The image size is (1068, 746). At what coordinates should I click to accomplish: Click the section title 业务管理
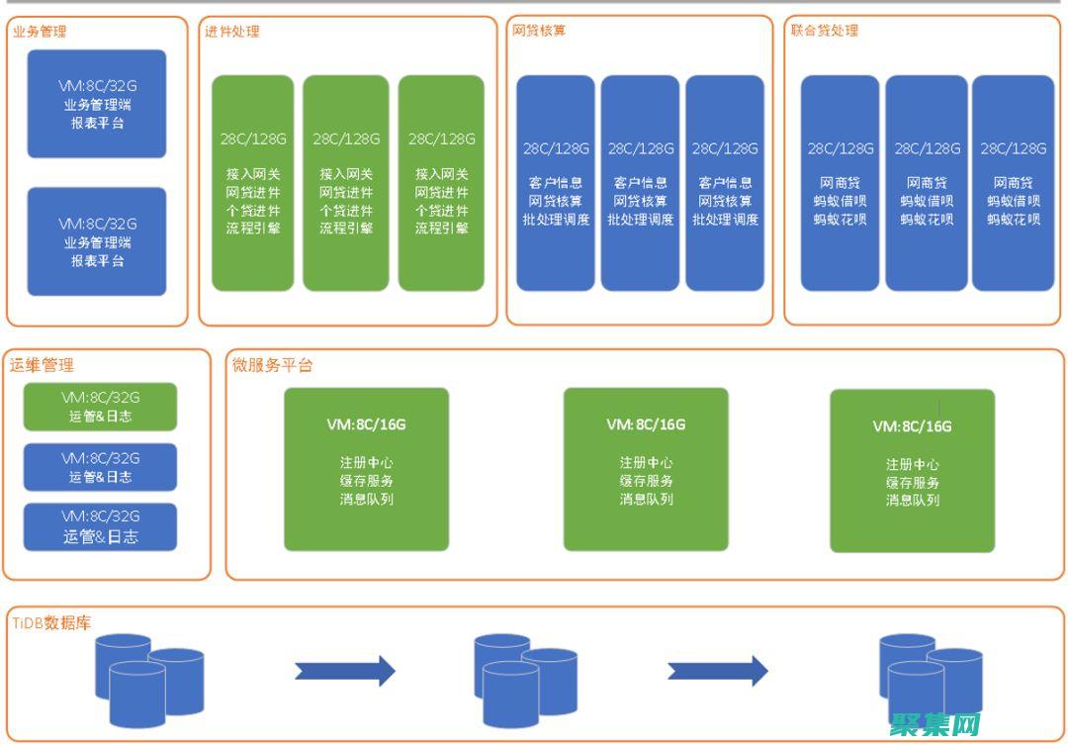[40, 32]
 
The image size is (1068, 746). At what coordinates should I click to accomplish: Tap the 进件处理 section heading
[232, 32]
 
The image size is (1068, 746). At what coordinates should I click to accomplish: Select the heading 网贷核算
[539, 31]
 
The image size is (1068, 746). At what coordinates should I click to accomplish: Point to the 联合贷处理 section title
[824, 31]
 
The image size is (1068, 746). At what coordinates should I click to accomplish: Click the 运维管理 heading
[43, 365]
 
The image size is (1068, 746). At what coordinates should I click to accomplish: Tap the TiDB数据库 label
[52, 623]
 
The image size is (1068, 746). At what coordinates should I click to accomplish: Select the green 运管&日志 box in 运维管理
[100, 407]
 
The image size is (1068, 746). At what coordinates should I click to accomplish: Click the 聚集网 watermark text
[934, 726]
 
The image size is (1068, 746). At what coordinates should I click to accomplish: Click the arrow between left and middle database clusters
[344, 671]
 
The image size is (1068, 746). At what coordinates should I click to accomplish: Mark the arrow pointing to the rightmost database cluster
[717, 671]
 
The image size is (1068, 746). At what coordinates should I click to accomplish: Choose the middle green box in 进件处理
[346, 183]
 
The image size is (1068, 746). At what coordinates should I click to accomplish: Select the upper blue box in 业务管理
[97, 104]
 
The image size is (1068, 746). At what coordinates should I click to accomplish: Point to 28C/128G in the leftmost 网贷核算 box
[556, 148]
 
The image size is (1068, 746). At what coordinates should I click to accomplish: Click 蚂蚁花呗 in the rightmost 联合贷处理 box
[1013, 219]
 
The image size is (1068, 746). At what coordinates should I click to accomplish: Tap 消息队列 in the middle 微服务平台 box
[647, 499]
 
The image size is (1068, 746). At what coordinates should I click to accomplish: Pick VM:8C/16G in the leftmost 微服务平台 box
[366, 424]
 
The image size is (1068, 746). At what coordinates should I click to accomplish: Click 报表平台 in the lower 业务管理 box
[97, 261]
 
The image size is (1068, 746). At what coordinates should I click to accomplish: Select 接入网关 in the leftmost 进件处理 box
[253, 174]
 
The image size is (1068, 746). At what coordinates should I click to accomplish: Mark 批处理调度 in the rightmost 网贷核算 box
[725, 219]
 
